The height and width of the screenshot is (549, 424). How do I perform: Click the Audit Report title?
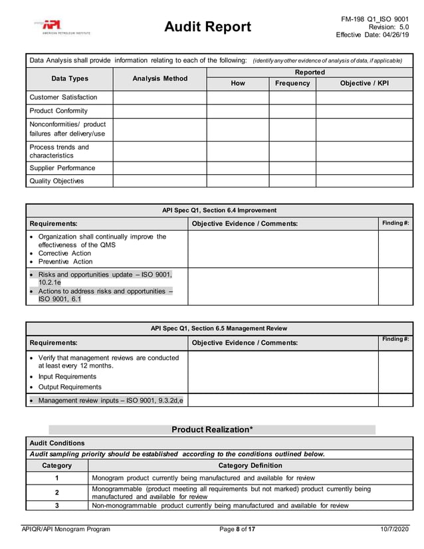(x=207, y=27)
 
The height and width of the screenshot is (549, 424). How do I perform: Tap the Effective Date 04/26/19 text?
(x=372, y=35)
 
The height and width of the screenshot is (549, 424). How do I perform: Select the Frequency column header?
(x=292, y=83)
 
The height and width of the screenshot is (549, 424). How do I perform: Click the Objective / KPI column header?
(x=364, y=83)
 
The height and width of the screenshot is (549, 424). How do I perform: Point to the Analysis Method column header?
(x=159, y=78)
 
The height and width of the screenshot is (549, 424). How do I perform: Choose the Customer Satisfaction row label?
(x=63, y=97)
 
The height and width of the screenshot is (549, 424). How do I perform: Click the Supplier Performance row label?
(x=62, y=168)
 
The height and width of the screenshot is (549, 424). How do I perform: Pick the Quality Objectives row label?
(x=56, y=181)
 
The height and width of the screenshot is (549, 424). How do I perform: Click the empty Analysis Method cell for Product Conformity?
(x=159, y=111)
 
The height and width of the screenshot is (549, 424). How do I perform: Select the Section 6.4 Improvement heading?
(x=219, y=210)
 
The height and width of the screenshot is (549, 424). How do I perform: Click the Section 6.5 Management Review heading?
(x=219, y=328)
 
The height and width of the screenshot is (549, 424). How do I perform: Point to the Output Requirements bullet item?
(x=70, y=387)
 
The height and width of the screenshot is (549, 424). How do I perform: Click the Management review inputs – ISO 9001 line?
(x=110, y=400)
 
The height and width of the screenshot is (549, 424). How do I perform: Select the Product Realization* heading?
(x=212, y=429)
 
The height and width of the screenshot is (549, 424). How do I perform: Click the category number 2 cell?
(x=56, y=493)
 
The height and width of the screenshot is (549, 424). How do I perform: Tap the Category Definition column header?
(x=250, y=465)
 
